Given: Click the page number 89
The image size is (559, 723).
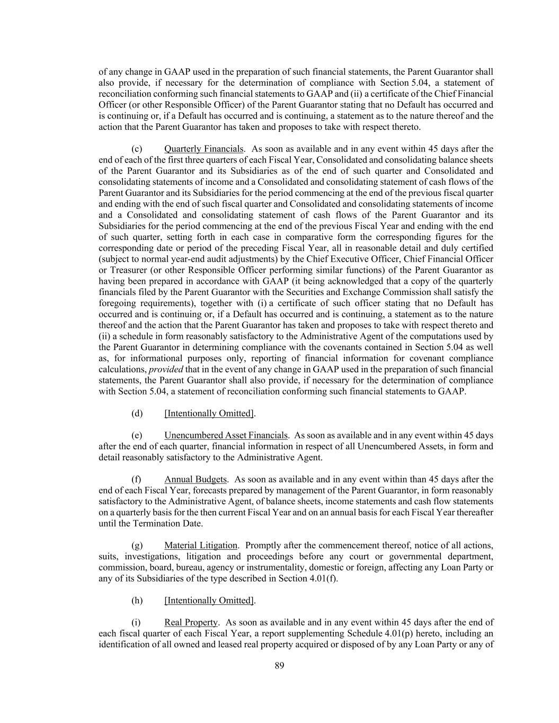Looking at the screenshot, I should [279, 666].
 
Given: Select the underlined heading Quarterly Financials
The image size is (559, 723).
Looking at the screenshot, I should [204, 149].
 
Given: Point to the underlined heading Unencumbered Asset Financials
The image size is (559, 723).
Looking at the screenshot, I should [226, 435].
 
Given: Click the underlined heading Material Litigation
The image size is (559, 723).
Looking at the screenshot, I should [200, 546].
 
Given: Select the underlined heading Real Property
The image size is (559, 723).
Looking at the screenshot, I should [191, 622].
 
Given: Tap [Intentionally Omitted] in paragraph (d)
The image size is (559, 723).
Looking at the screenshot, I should [209, 413].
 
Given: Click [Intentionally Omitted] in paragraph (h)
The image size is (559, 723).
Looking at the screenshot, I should [209, 600].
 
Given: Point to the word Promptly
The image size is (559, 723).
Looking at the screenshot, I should [264, 546].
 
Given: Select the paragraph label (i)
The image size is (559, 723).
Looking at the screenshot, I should [136, 622].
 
